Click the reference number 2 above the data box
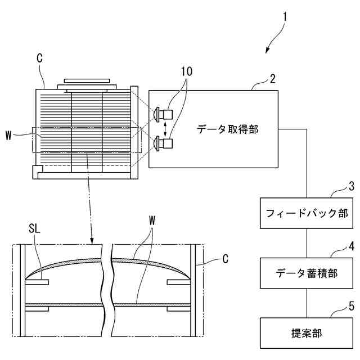(273, 78)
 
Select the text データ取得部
(227, 129)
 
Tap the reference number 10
(186, 73)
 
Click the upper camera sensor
(163, 114)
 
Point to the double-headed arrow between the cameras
(165, 129)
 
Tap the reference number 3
(351, 186)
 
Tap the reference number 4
(351, 246)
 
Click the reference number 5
(351, 307)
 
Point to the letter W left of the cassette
(8, 134)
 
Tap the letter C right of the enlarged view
(226, 259)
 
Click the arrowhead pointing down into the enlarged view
(92, 243)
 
